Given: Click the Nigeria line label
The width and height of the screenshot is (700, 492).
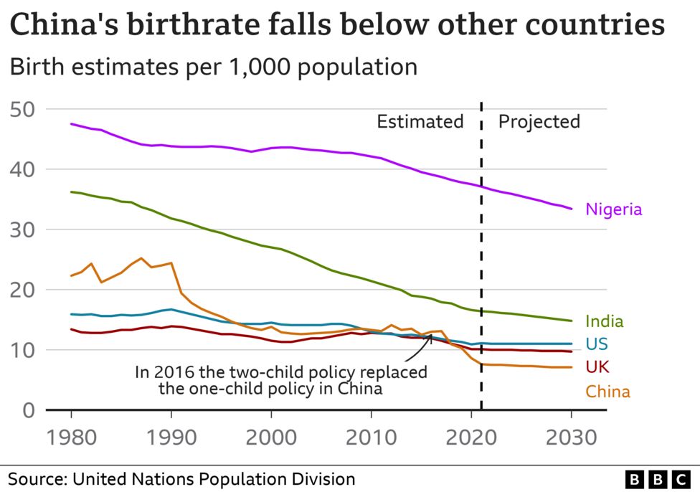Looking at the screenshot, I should click(x=613, y=209).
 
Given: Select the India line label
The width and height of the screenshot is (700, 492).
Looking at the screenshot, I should click(x=604, y=321).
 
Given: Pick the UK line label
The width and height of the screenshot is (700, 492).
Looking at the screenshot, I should click(x=597, y=368).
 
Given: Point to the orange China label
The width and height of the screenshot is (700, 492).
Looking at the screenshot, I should click(x=607, y=392).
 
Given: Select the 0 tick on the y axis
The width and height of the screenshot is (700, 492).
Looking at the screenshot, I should click(x=29, y=410).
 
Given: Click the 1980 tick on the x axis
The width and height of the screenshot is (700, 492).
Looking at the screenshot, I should click(x=72, y=437).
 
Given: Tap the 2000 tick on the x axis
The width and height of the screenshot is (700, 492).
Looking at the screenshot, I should click(x=271, y=437).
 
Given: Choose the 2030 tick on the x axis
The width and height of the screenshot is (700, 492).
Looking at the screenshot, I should click(x=571, y=437).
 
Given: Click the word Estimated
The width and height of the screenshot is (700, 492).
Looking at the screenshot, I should click(x=420, y=121).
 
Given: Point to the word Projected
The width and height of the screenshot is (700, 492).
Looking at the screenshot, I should click(x=539, y=121).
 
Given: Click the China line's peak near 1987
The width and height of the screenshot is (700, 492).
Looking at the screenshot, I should click(x=141, y=258).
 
